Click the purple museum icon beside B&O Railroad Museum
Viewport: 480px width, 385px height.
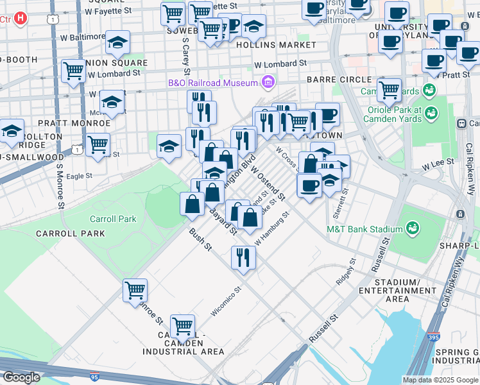point(268,82)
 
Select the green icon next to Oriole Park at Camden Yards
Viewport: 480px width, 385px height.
point(432,114)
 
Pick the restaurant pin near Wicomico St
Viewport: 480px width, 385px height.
point(243,257)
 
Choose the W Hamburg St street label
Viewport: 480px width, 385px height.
point(273,228)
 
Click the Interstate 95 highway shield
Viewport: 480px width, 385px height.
point(95,377)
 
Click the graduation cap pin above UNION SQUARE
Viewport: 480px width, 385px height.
point(117,42)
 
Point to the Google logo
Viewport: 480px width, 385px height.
point(21,377)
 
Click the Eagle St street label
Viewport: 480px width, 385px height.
point(79,175)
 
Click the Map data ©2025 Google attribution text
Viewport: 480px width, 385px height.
point(440,380)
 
